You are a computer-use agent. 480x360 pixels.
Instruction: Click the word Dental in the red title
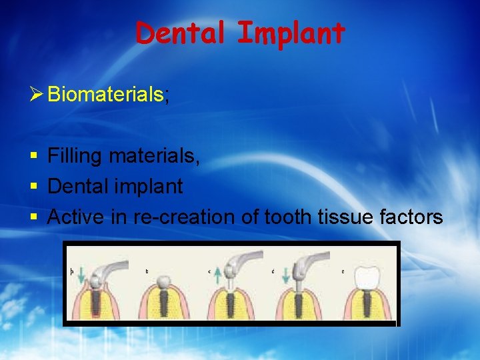click(179, 33)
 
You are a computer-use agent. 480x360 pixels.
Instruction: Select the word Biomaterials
click(105, 95)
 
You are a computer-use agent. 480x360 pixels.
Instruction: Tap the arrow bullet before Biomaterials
click(37, 95)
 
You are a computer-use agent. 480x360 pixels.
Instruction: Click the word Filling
click(74, 156)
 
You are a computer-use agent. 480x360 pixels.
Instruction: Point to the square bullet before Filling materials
click(34, 157)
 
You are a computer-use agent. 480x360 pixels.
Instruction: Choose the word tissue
click(347, 217)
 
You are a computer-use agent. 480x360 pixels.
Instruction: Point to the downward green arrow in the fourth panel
click(285, 273)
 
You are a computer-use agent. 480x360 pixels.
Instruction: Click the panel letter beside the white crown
click(343, 271)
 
